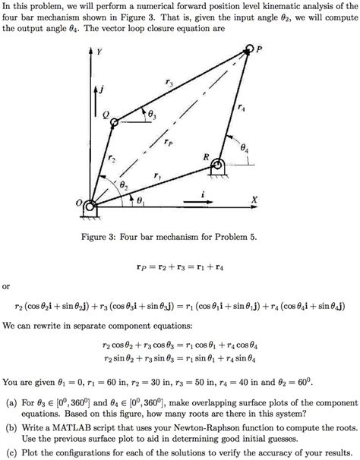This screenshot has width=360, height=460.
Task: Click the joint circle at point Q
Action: point(113,119)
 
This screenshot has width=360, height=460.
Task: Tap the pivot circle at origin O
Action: point(90,206)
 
